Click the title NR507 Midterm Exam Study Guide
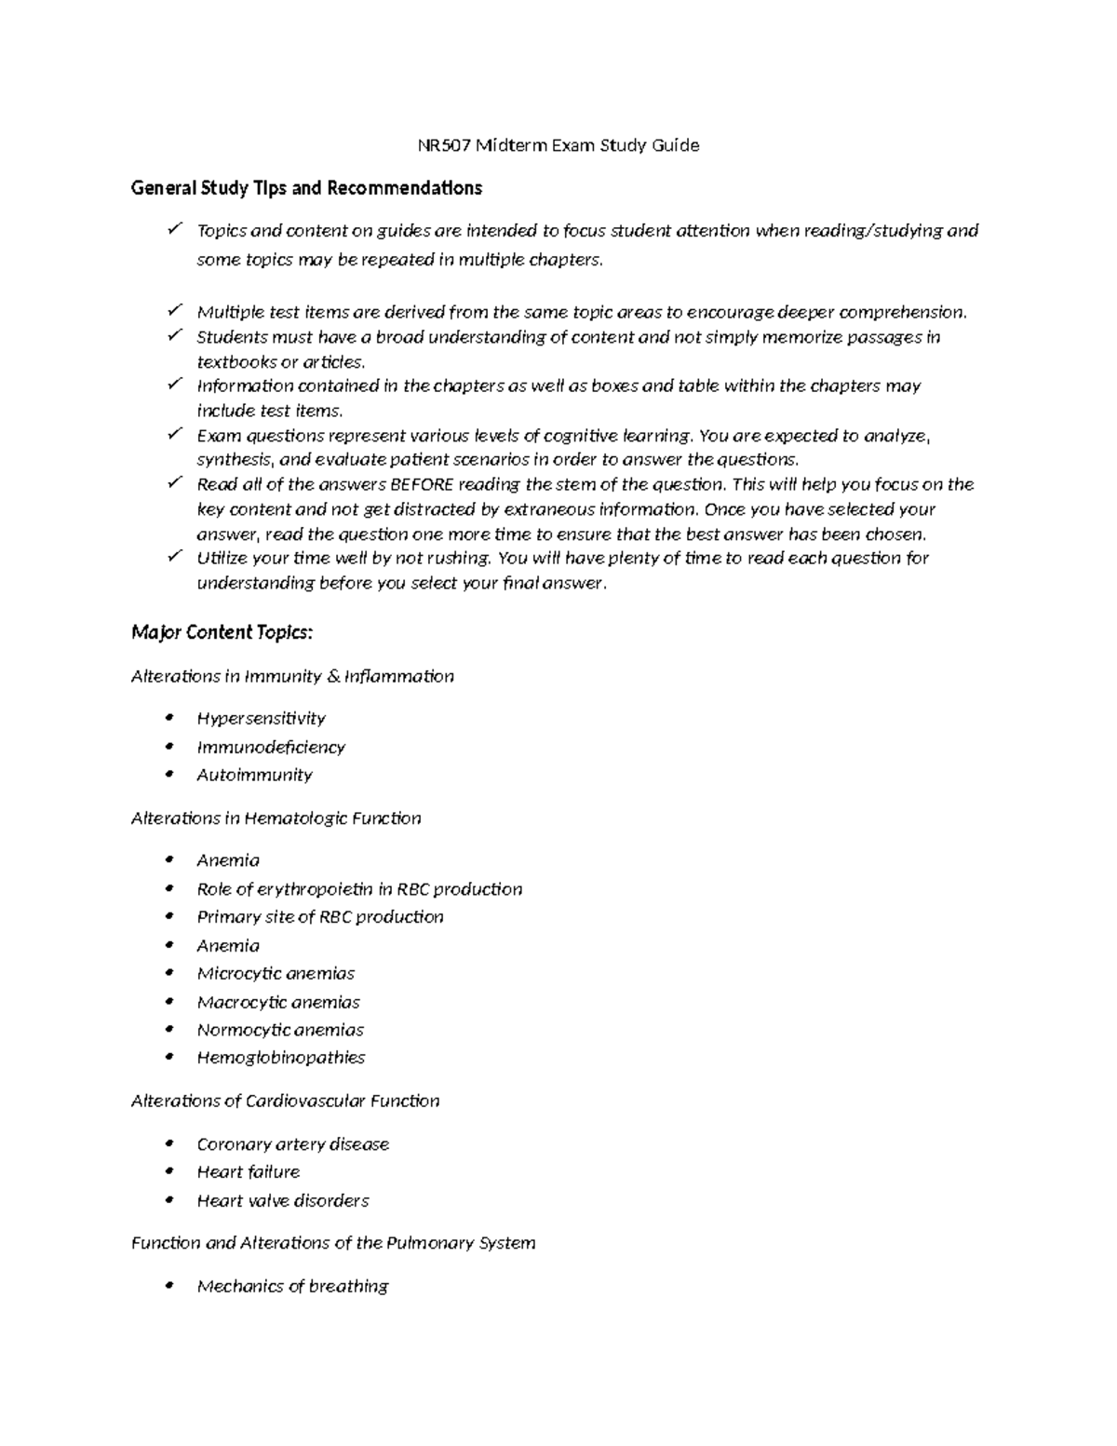(x=557, y=145)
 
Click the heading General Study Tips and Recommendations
(x=306, y=188)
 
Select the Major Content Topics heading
(x=222, y=633)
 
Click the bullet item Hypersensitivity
(x=261, y=718)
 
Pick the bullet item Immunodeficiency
(x=271, y=747)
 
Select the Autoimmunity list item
(x=254, y=775)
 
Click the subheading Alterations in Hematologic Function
(x=276, y=818)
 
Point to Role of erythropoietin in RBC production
(x=359, y=889)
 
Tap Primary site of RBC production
(x=320, y=917)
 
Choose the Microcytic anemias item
(x=276, y=973)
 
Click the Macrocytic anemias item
(x=278, y=1002)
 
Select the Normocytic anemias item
(x=280, y=1030)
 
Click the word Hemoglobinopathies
(x=280, y=1058)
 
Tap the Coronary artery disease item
(x=292, y=1144)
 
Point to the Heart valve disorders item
(x=283, y=1201)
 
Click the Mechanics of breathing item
(x=292, y=1286)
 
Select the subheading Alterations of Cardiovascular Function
(x=285, y=1101)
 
